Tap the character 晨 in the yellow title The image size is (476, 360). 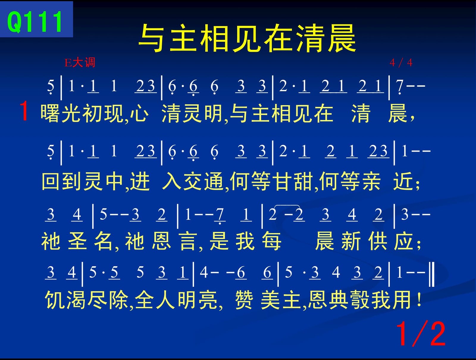click(342, 38)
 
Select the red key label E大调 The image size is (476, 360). click(80, 63)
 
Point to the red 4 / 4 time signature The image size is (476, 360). click(401, 63)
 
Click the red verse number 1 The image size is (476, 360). click(24, 111)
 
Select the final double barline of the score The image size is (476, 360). click(432, 275)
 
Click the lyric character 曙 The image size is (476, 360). click(50, 113)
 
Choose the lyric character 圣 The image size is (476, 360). click(77, 241)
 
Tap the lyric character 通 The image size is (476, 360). click(214, 181)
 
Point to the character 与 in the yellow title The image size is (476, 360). click(153, 38)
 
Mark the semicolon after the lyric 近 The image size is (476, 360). click(418, 184)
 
